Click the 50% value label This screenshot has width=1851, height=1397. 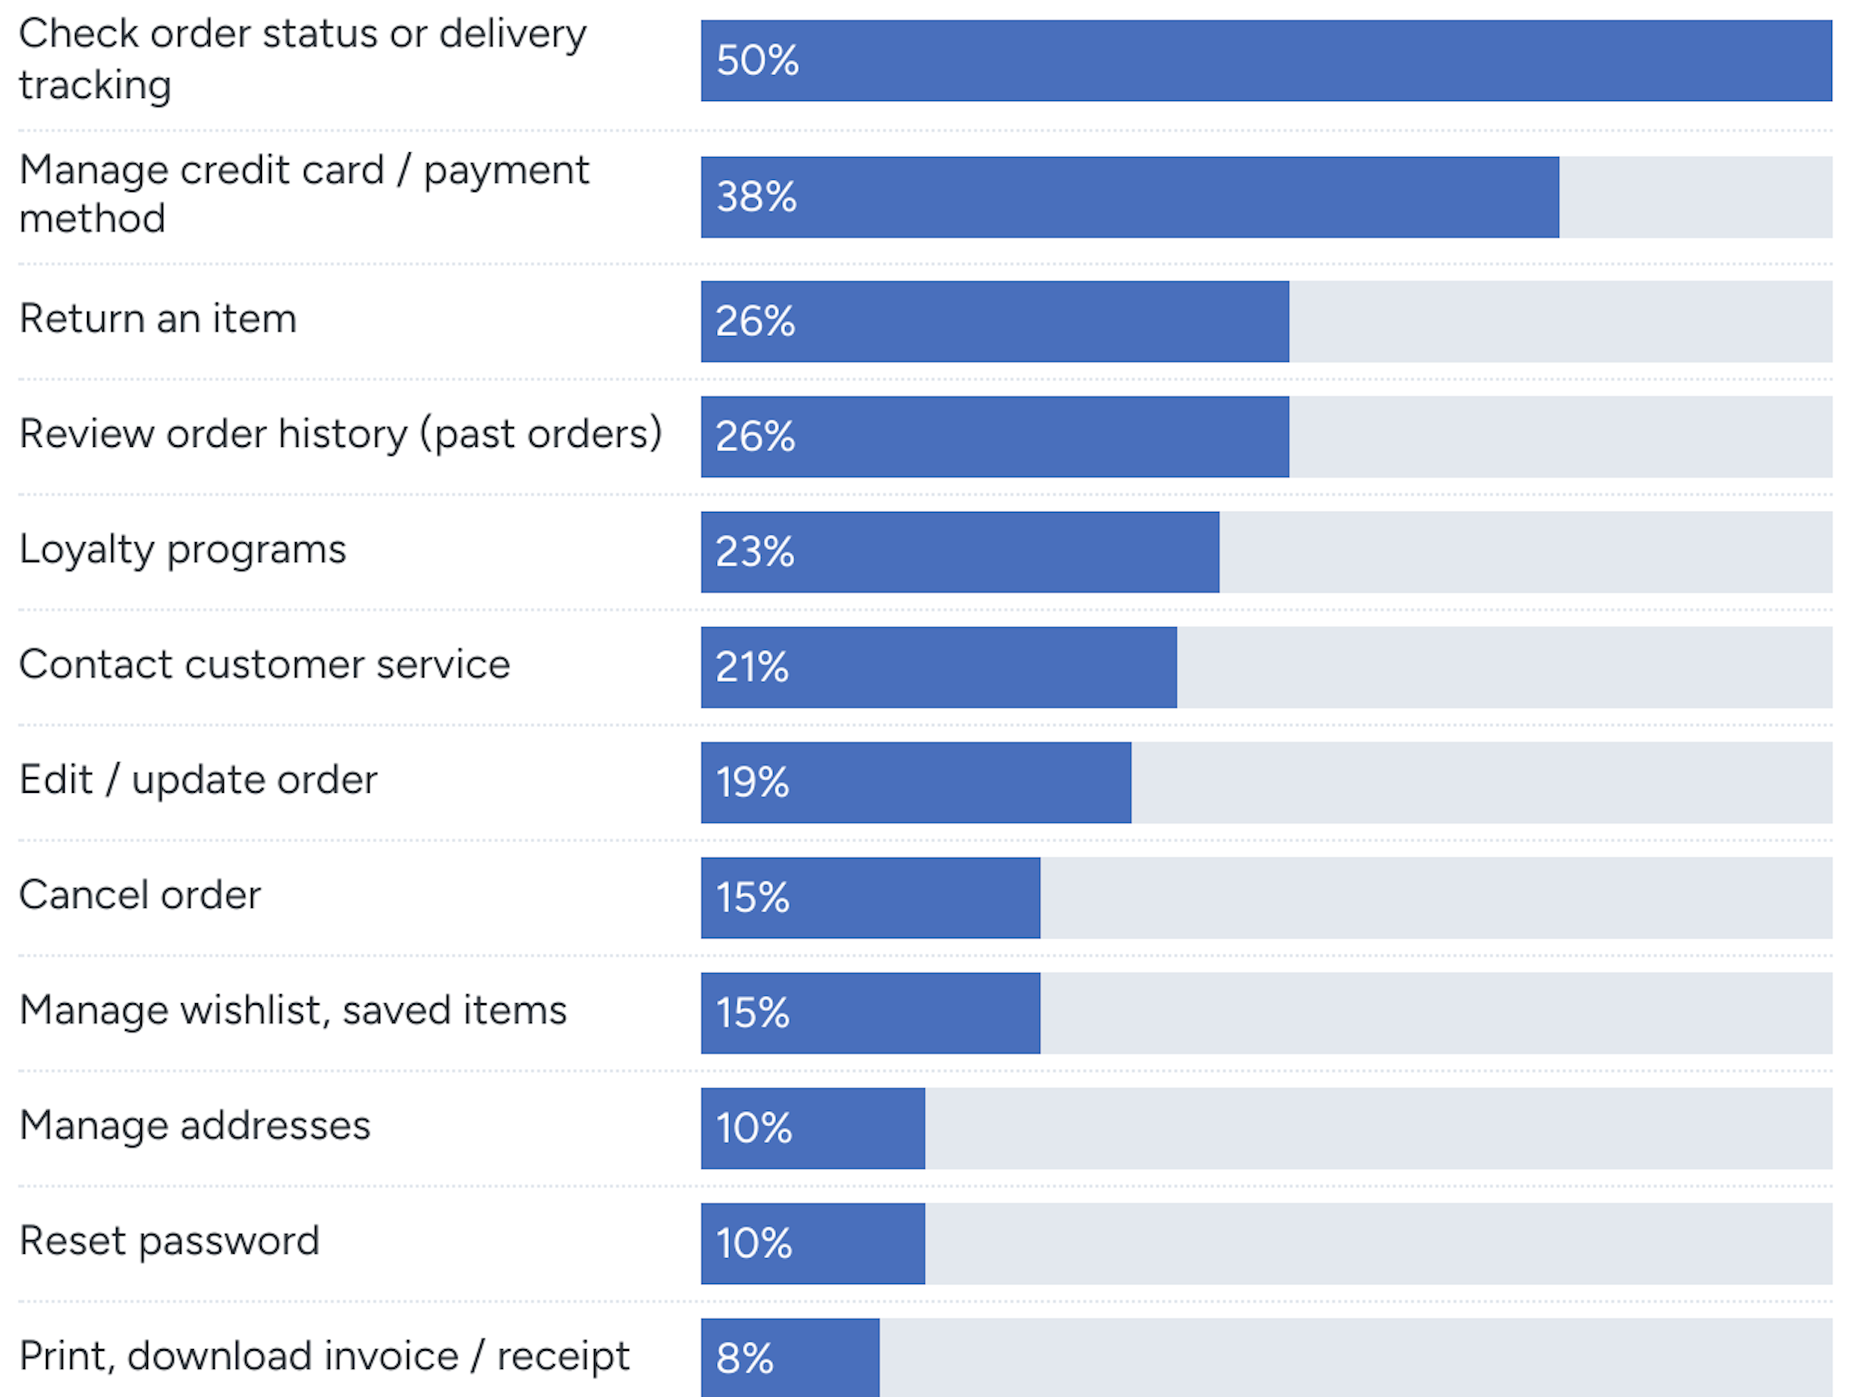point(757,60)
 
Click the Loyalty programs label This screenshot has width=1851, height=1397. point(182,550)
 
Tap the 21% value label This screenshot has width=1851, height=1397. point(751,667)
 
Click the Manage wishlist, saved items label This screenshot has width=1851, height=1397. point(293,1011)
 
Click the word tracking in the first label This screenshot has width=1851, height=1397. point(95,85)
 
